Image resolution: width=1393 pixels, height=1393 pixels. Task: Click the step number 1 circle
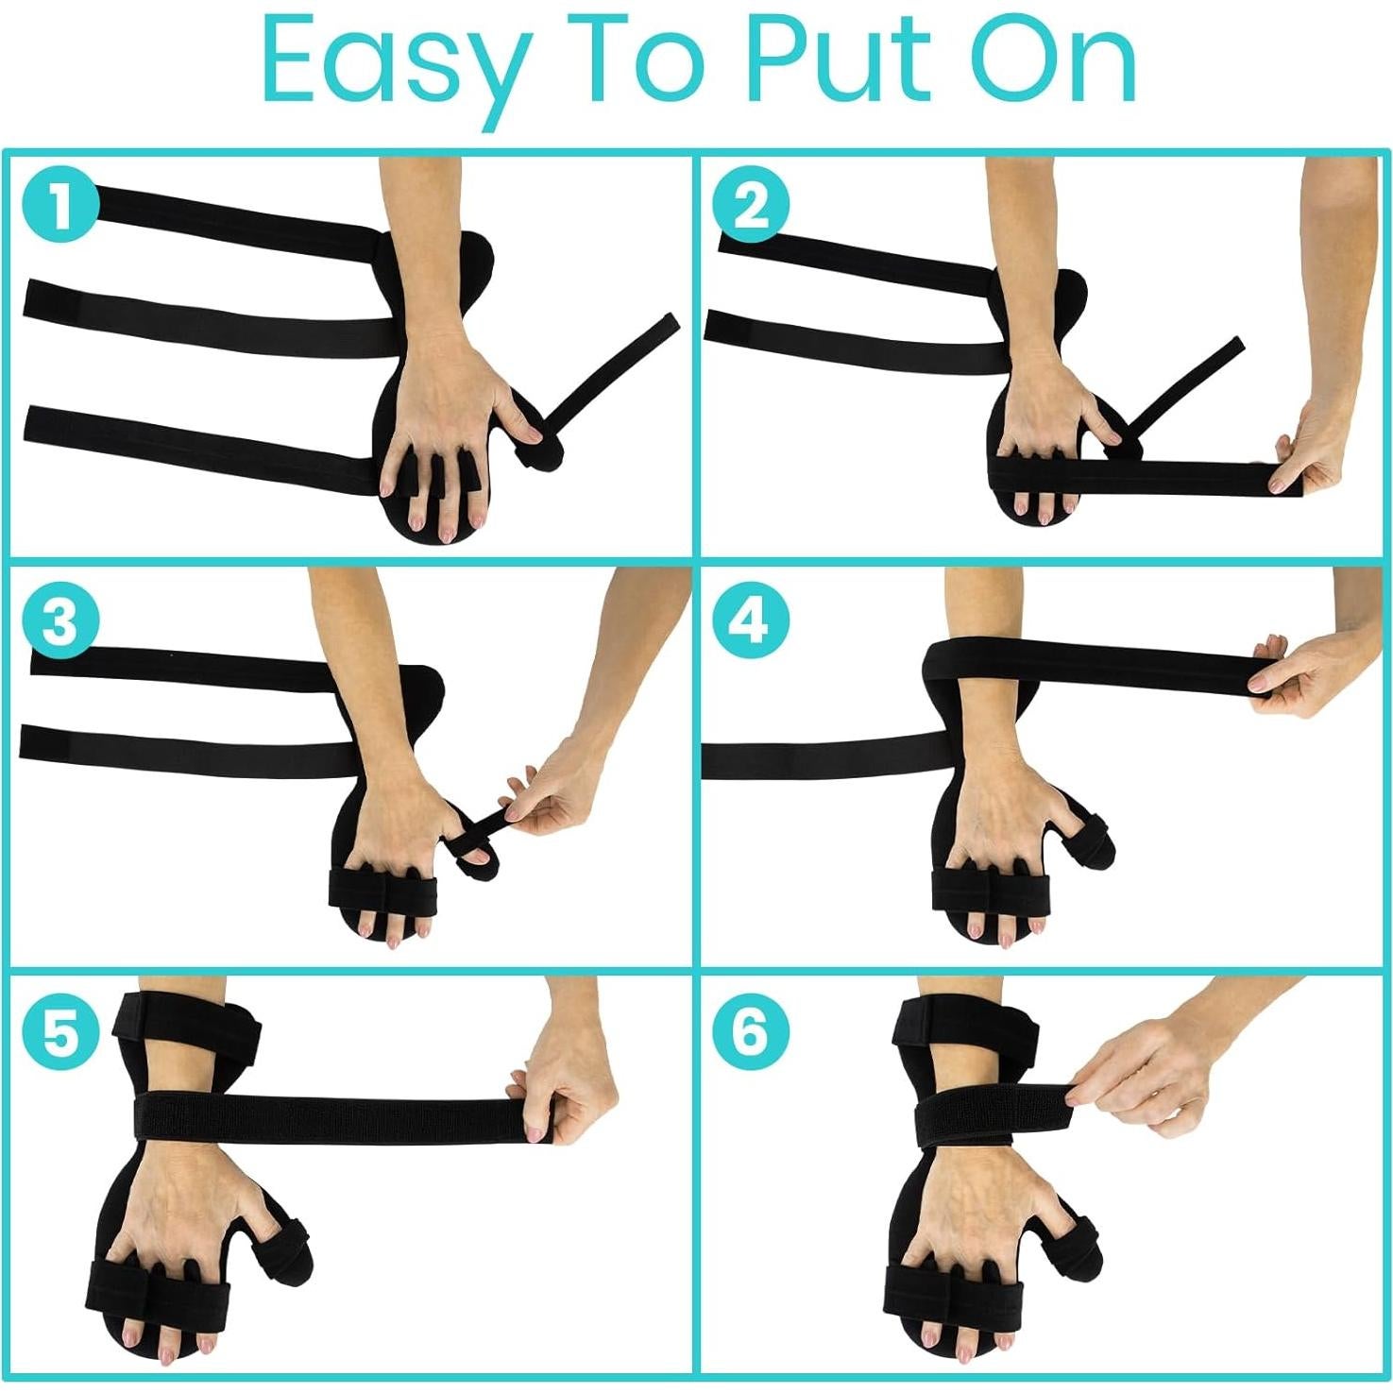pos(59,206)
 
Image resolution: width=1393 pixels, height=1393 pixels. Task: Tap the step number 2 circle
pos(751,206)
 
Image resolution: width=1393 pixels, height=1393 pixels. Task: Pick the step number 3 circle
pos(59,622)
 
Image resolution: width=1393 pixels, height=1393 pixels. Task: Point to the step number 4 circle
pos(751,622)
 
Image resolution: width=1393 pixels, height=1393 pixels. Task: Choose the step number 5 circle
pos(59,1032)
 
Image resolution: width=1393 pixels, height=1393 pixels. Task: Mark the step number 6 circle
pos(751,1032)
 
